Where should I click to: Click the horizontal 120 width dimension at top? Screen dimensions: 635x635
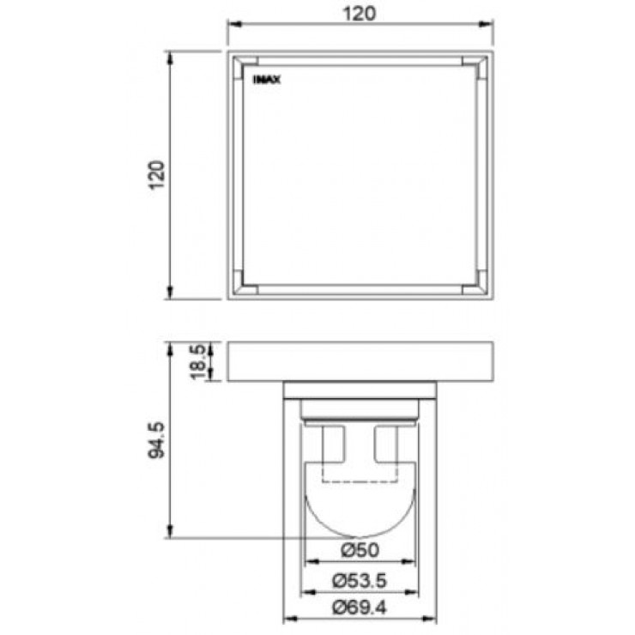(x=360, y=13)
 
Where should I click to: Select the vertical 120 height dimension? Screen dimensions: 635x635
(x=156, y=175)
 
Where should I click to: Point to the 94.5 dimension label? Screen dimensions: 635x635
(x=156, y=440)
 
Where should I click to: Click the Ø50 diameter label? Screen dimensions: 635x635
(x=360, y=549)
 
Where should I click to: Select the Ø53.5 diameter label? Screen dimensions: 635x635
(x=360, y=580)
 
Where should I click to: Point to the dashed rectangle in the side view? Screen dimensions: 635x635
(x=360, y=472)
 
